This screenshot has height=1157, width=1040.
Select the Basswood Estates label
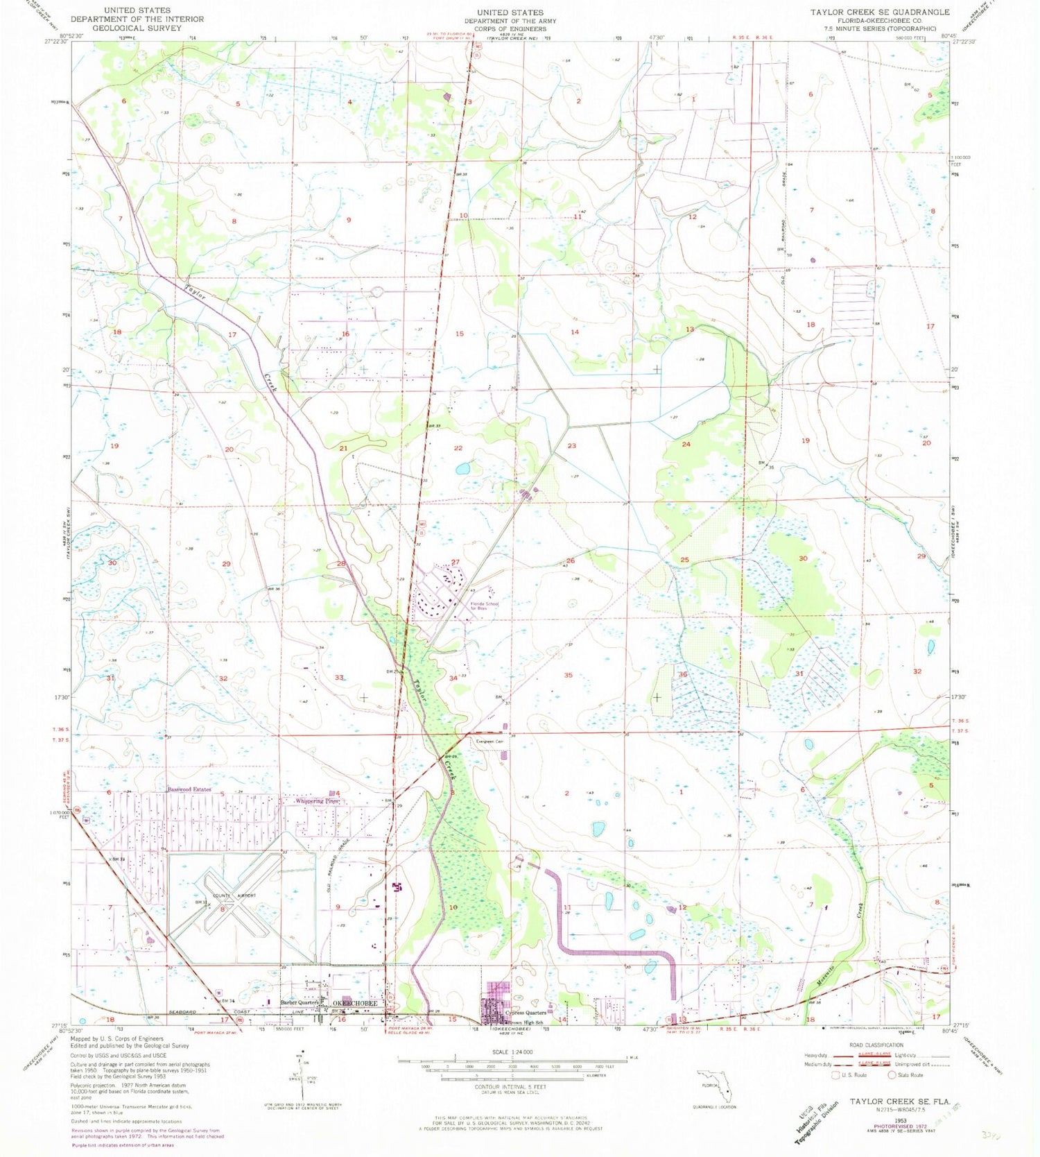click(x=189, y=789)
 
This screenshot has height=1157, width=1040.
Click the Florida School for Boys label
click(x=483, y=606)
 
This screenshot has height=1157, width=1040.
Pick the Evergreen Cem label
click(x=489, y=742)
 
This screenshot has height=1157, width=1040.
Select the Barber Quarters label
click(x=299, y=1002)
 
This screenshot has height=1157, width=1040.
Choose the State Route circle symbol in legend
click(x=893, y=1075)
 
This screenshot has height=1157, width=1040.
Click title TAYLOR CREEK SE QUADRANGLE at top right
click(x=880, y=12)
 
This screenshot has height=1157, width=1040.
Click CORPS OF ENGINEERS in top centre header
click(x=510, y=30)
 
